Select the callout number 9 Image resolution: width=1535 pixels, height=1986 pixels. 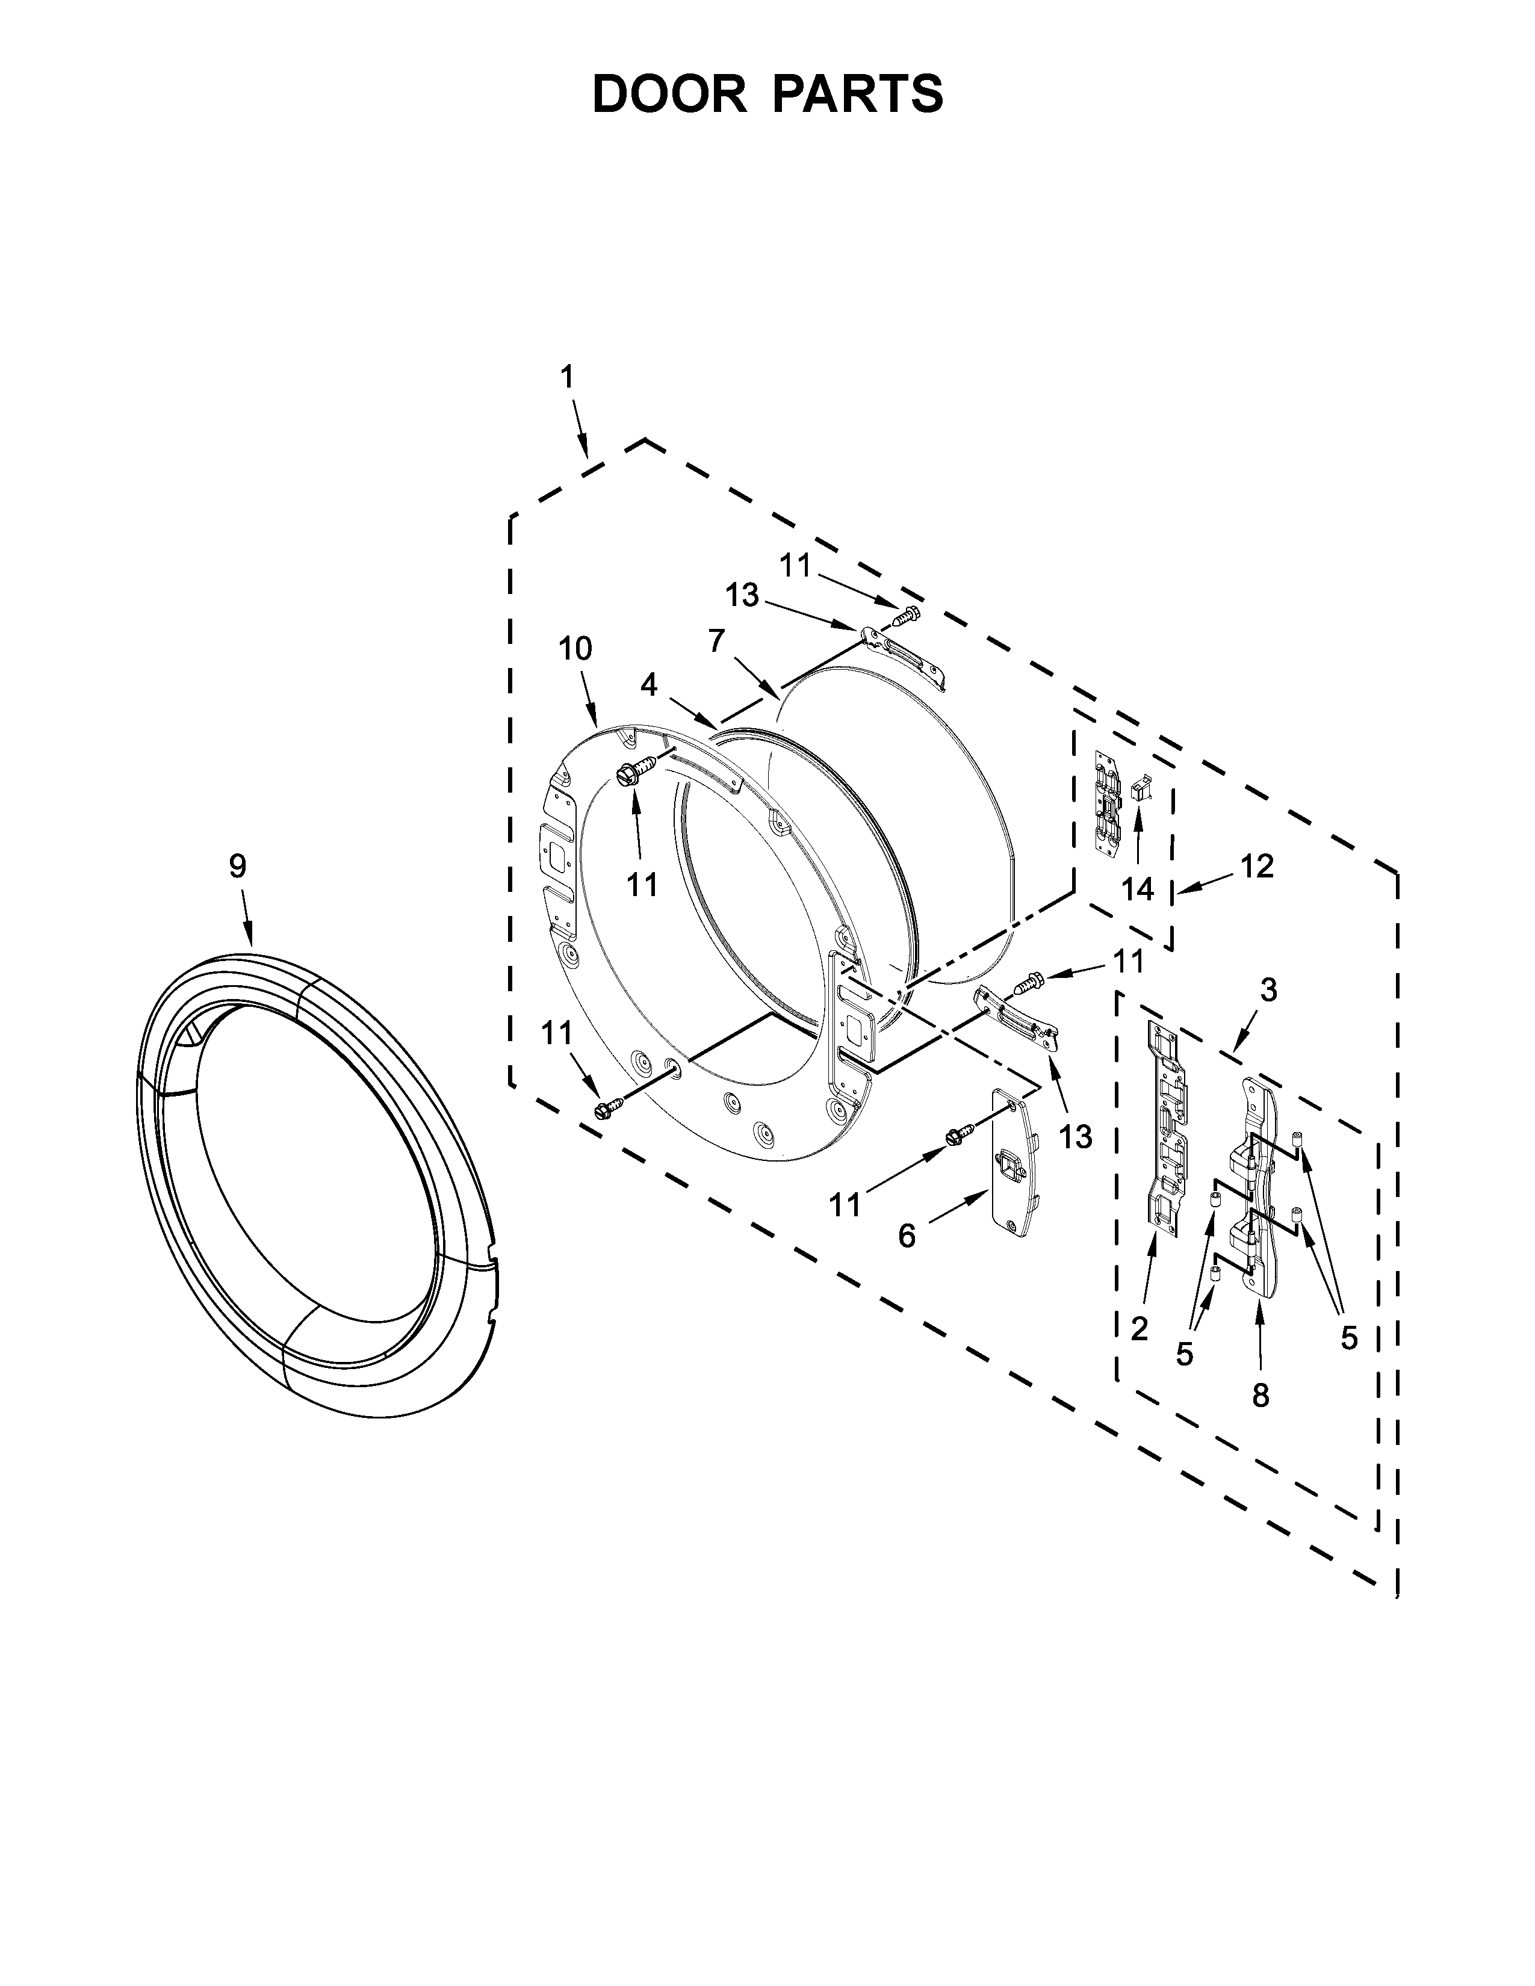pyautogui.click(x=237, y=867)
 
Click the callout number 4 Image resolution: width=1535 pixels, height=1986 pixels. pyautogui.click(x=648, y=685)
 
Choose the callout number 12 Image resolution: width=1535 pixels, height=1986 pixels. pyautogui.click(x=1257, y=867)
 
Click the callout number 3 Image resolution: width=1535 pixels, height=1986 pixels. pyautogui.click(x=1268, y=990)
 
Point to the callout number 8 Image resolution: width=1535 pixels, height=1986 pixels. pyautogui.click(x=1261, y=1396)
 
